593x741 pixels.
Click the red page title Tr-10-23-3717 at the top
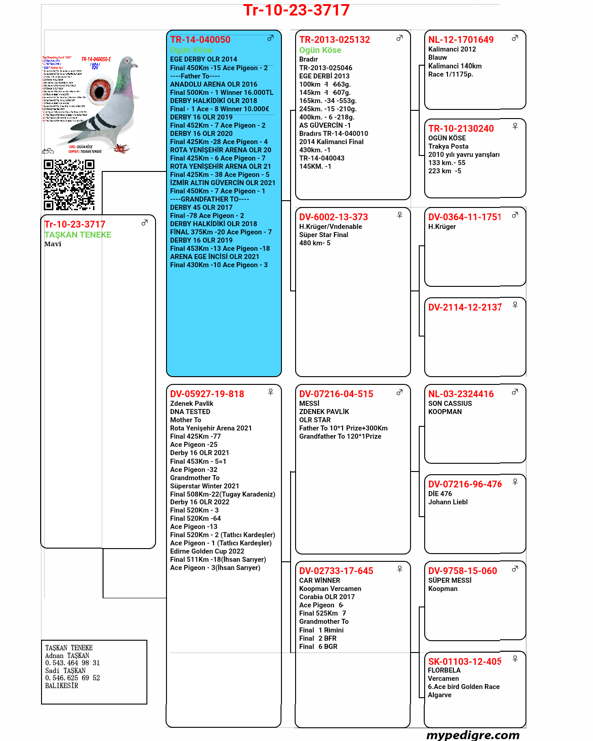296,10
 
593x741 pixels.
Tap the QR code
69,185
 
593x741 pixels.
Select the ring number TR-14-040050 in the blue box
200,40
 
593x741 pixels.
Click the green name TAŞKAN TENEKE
78,235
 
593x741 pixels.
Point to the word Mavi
53,244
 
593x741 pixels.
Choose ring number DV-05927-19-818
207,394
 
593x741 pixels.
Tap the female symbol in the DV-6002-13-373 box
400,215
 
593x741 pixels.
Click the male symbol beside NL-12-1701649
515,38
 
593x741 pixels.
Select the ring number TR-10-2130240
461,129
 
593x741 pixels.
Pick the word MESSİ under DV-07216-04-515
309,404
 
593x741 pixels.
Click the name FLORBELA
444,670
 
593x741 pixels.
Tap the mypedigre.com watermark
473,735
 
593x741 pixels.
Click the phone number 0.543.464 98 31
73,663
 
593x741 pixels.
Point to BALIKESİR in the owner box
62,686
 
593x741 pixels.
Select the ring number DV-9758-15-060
463,571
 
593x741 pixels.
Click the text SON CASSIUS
450,404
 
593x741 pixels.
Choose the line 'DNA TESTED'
190,412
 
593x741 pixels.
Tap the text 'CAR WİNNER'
320,580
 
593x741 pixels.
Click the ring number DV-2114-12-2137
464,307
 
